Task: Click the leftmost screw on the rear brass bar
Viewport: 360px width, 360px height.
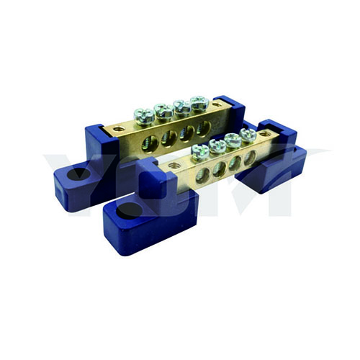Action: [x=144, y=114]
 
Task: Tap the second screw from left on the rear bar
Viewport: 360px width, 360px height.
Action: [x=163, y=110]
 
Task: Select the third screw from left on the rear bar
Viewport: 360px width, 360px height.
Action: [x=182, y=107]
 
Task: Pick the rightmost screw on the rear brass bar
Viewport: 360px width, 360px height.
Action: [x=199, y=103]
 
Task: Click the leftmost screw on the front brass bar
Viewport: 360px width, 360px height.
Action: [x=199, y=151]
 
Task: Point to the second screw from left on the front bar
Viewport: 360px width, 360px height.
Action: [x=217, y=146]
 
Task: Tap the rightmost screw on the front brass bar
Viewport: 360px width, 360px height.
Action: [x=248, y=135]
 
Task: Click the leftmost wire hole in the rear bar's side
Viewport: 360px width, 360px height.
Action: [x=150, y=143]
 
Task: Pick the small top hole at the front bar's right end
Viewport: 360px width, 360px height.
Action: [x=265, y=134]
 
